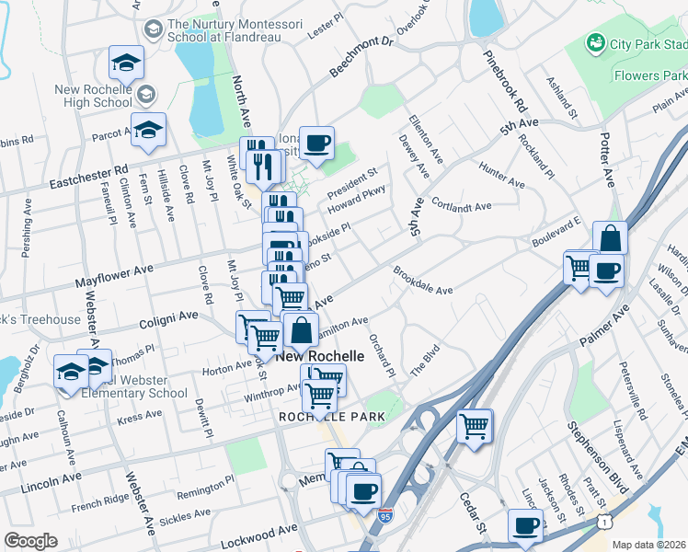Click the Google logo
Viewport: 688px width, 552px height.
[x=30, y=541]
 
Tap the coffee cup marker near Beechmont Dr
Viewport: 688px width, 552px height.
[x=316, y=144]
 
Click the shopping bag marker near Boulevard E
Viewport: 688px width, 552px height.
[x=610, y=238]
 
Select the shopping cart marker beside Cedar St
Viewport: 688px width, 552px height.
[x=475, y=425]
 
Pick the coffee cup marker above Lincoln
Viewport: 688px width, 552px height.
[x=526, y=525]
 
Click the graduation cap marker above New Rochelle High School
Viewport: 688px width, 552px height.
[x=126, y=63]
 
